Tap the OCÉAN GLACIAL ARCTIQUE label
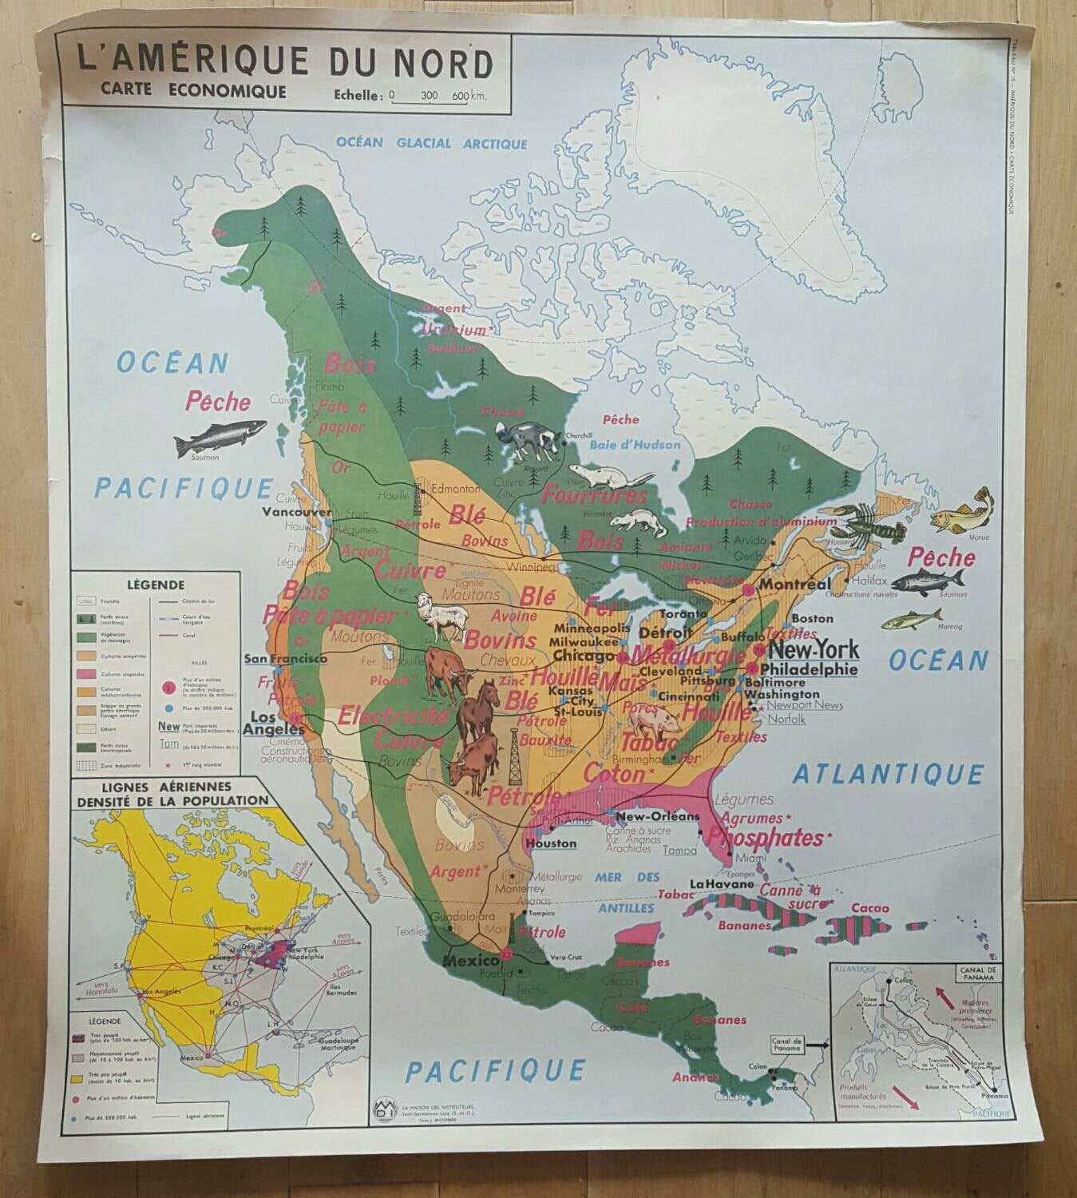click(431, 144)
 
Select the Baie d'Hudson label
click(630, 444)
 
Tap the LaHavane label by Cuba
click(722, 884)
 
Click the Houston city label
click(550, 843)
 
